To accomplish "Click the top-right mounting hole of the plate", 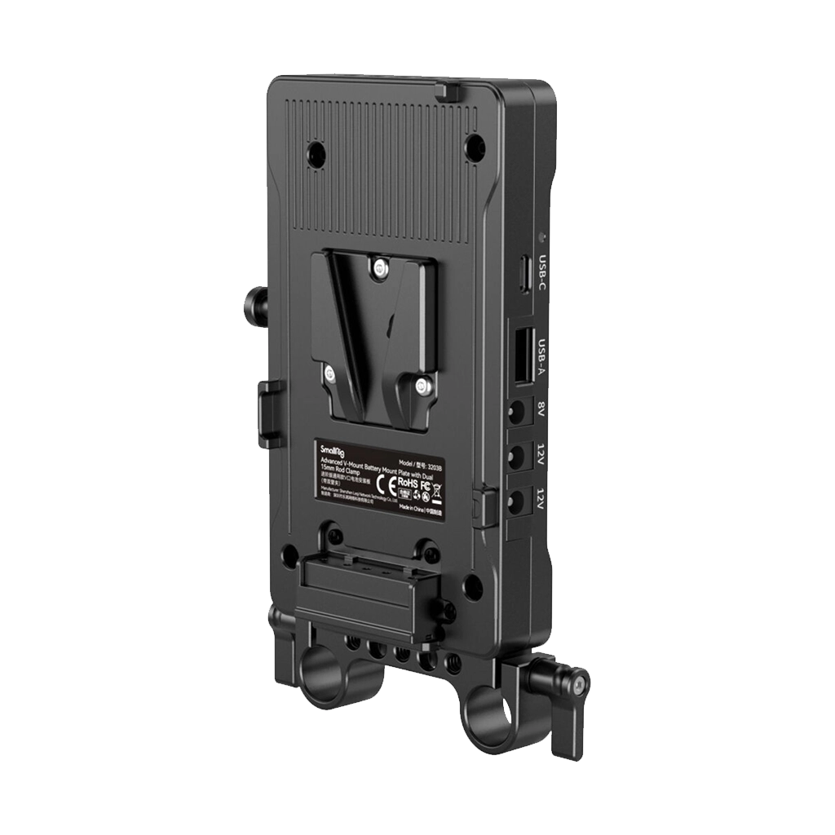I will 474,148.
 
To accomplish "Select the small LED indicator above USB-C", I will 542,239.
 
